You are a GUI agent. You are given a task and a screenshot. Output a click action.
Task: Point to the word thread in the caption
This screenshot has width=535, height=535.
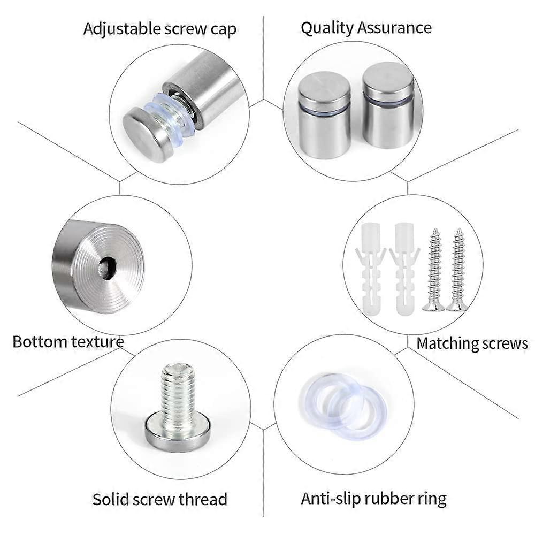[202, 499]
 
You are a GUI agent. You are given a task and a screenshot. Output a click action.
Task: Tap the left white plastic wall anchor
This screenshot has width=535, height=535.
[369, 267]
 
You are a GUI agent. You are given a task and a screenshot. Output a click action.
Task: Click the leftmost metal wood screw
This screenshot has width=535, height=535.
[434, 270]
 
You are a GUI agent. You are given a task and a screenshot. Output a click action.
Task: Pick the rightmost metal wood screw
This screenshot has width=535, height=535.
[457, 270]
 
